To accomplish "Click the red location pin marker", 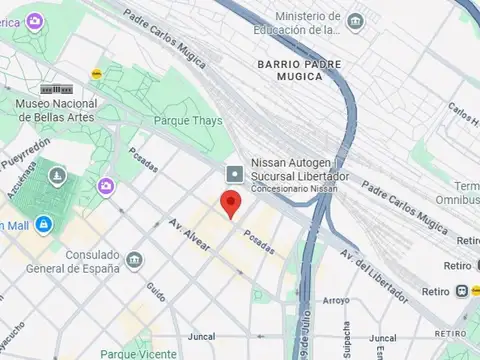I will pyautogui.click(x=232, y=204).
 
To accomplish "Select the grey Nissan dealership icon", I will pyautogui.click(x=234, y=174).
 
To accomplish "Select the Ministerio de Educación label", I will pyautogui.click(x=308, y=22).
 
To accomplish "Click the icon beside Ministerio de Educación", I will pyautogui.click(x=356, y=20).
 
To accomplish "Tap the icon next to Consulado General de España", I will pyautogui.click(x=134, y=261).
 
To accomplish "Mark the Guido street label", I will pyautogui.click(x=156, y=291).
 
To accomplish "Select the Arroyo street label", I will pyautogui.click(x=336, y=300).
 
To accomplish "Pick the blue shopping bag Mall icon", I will pyautogui.click(x=43, y=225).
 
